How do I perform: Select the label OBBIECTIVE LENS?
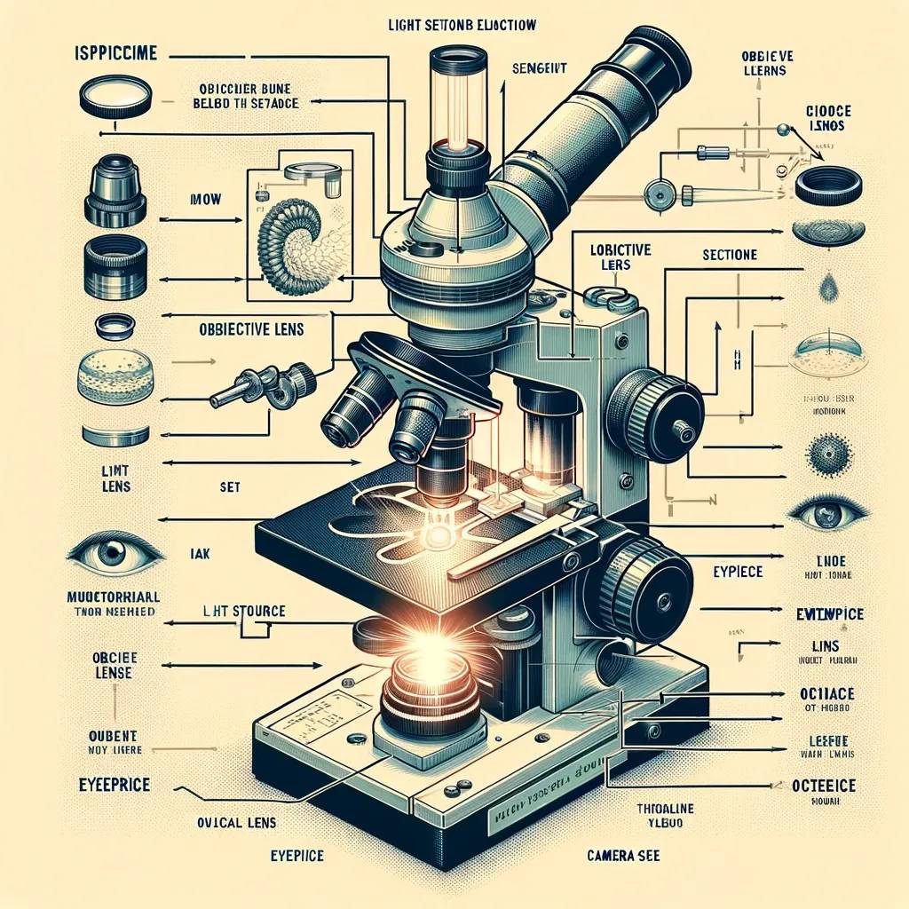[249, 328]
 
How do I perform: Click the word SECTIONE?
[729, 255]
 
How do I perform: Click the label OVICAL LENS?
[231, 821]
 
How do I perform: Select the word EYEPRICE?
[112, 785]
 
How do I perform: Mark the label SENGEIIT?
[540, 67]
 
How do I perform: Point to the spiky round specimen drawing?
[826, 455]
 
